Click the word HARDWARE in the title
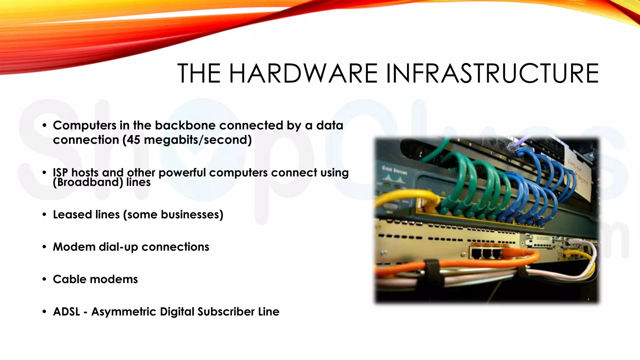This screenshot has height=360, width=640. [303, 73]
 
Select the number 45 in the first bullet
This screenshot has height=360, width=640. [133, 140]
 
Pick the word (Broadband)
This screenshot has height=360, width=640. [88, 182]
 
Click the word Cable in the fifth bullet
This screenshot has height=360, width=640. [69, 279]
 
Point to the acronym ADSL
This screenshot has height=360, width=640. [67, 312]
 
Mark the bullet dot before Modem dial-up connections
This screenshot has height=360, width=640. [44, 247]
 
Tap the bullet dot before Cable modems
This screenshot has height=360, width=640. [44, 279]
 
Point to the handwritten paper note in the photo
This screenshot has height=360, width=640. [578, 175]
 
